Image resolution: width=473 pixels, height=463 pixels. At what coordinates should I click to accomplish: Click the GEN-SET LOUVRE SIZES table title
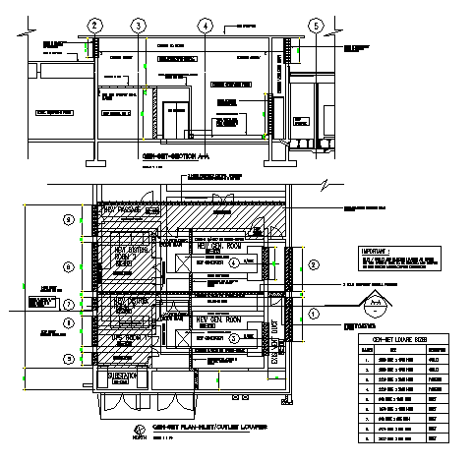click(403, 338)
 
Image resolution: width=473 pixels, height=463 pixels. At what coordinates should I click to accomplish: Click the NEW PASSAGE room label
click(119, 209)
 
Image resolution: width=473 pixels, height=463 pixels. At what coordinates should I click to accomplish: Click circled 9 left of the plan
click(68, 217)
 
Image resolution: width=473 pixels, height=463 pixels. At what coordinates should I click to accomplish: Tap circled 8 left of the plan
click(68, 265)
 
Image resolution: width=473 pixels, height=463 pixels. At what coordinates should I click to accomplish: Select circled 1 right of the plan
click(313, 313)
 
